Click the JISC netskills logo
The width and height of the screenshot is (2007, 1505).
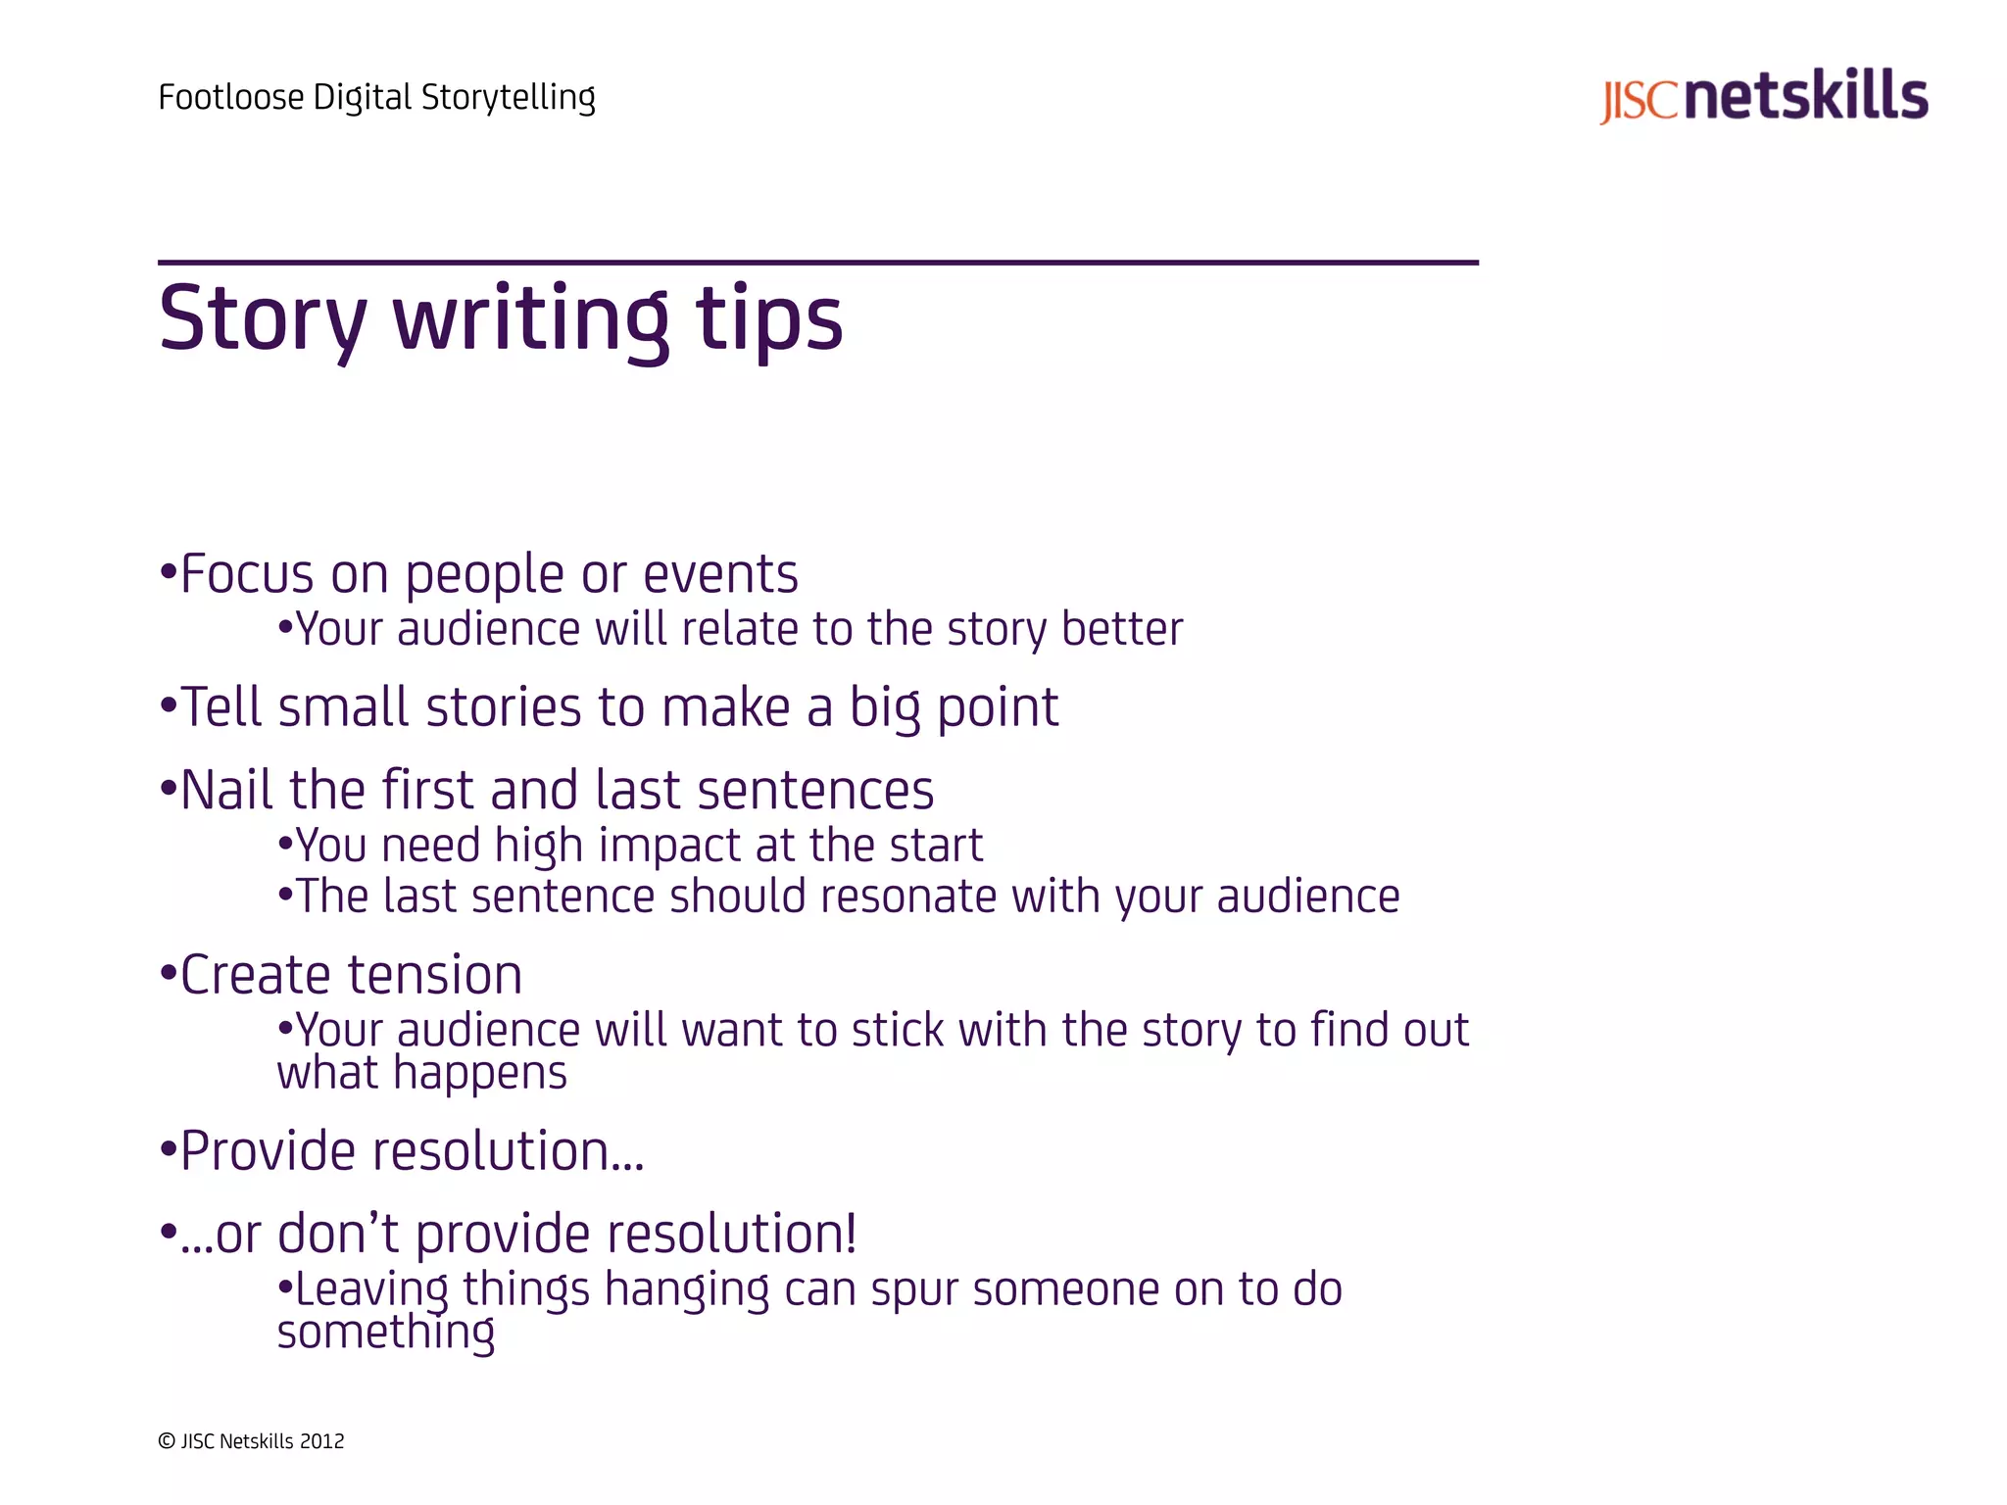coord(1763,97)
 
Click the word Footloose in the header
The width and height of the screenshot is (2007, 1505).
coord(230,98)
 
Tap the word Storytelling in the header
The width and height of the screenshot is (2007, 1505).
coord(508,98)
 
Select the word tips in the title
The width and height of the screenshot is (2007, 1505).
coord(768,319)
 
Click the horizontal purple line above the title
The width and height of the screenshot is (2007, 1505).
coord(817,263)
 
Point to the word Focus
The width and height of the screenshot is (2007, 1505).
coord(247,574)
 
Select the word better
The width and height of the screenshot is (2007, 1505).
coord(1122,629)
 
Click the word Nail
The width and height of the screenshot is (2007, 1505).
coord(226,790)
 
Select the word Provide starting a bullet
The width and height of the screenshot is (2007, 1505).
coord(277,1151)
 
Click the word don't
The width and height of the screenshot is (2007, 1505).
coord(338,1234)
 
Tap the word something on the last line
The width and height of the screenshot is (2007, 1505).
coord(385,1333)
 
